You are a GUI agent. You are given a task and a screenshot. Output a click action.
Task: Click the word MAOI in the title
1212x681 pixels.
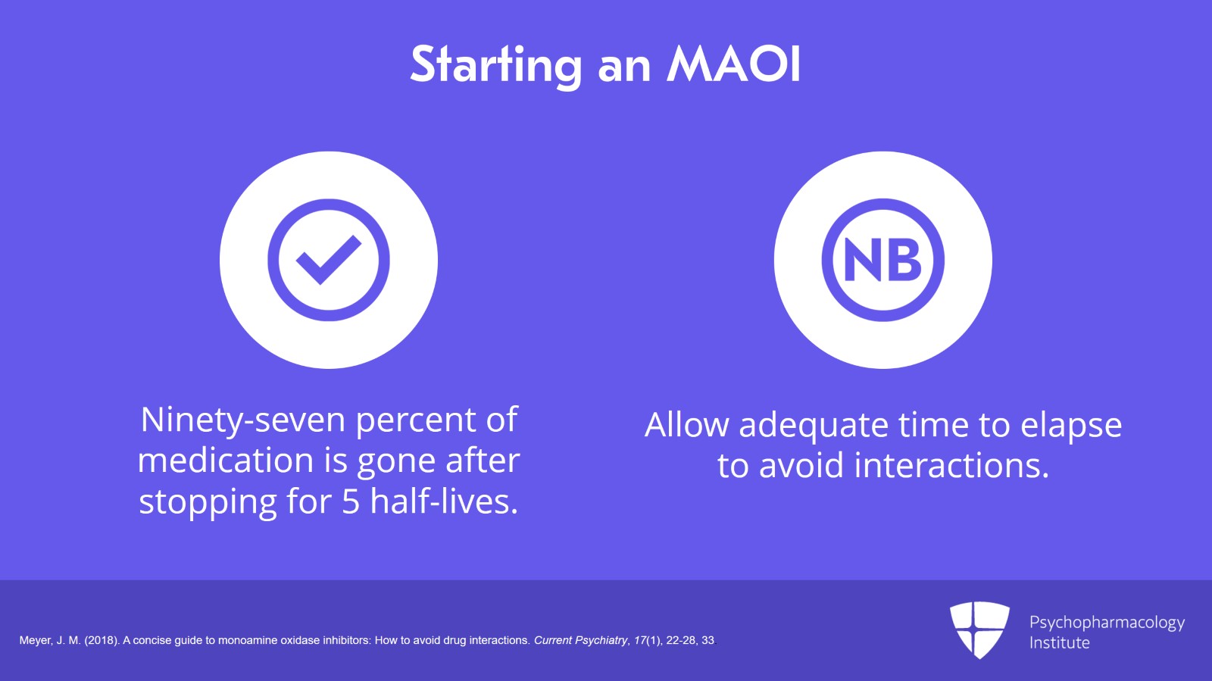tap(733, 64)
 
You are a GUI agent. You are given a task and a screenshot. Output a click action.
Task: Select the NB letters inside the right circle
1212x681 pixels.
tap(882, 260)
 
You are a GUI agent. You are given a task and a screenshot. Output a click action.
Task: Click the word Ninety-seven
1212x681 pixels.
tap(242, 420)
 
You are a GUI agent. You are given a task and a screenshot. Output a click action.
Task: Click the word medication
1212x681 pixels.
tap(226, 461)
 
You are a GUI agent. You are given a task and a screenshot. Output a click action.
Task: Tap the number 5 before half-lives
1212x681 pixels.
tap(350, 501)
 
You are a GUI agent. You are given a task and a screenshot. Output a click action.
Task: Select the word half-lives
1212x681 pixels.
tap(444, 501)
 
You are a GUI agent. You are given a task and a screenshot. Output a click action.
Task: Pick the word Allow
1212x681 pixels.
tap(686, 425)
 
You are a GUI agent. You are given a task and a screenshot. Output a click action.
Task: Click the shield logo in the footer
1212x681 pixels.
tap(979, 629)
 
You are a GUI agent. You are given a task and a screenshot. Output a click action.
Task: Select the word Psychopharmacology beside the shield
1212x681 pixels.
tap(1107, 623)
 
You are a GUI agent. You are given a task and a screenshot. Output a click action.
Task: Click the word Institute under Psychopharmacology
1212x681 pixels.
tap(1059, 643)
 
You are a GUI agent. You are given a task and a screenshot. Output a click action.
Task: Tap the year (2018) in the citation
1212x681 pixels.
tap(102, 640)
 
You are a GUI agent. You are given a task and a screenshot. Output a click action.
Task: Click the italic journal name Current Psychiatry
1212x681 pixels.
tap(581, 640)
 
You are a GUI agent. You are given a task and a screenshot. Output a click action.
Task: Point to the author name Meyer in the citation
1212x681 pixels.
tap(35, 640)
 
